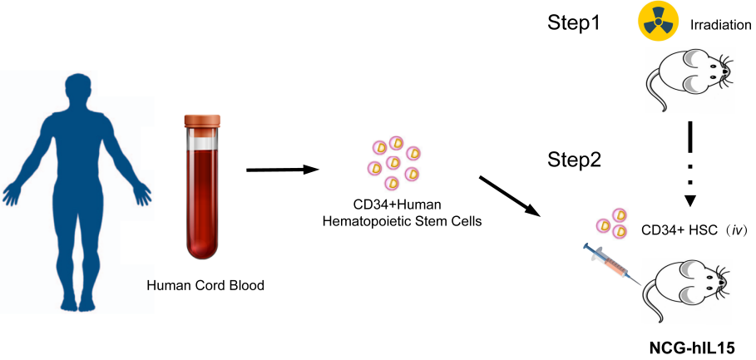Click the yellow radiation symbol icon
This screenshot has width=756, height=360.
tap(656, 24)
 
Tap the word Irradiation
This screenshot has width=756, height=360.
tap(720, 26)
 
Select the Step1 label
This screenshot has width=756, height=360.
tap(575, 23)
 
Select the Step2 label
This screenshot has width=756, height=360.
tap(575, 159)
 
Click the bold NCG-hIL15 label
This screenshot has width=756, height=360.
tap(692, 345)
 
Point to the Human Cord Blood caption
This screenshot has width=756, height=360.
tap(205, 285)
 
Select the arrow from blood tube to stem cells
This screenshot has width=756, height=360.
tap(284, 170)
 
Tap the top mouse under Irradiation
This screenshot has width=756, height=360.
tap(689, 77)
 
